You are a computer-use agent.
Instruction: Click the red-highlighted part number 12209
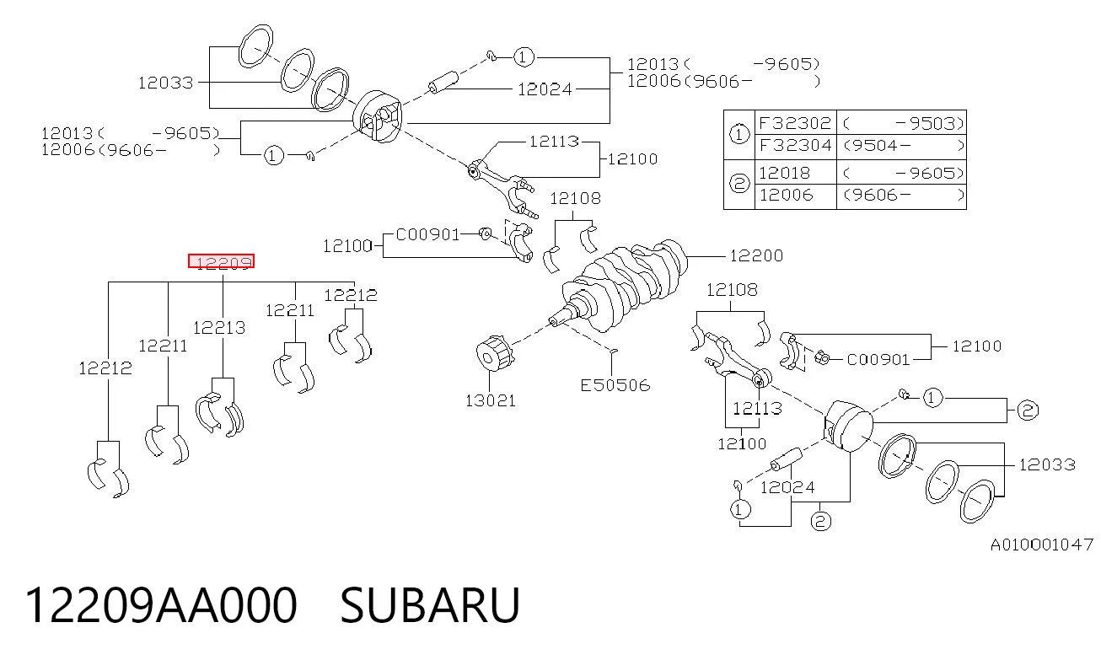tap(221, 261)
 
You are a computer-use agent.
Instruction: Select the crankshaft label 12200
tap(756, 256)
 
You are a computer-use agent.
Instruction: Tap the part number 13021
tap(491, 401)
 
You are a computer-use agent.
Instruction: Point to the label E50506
tap(615, 385)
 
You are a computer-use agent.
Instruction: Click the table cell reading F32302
tap(795, 123)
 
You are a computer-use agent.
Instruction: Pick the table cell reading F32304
tap(795, 146)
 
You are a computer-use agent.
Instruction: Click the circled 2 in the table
tap(738, 184)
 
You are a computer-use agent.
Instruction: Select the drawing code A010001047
tap(1041, 545)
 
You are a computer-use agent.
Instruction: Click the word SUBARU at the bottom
tap(430, 605)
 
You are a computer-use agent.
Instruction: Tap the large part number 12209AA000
tap(161, 605)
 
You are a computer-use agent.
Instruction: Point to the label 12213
tap(219, 328)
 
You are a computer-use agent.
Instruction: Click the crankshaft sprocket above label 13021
tap(495, 354)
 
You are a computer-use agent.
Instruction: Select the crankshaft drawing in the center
tap(624, 282)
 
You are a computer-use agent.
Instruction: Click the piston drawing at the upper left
tap(378, 116)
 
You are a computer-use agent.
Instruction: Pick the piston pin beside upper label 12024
tap(443, 82)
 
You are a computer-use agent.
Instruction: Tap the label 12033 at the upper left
tap(165, 83)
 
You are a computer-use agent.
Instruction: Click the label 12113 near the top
tap(554, 142)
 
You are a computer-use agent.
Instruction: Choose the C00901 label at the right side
tap(878, 360)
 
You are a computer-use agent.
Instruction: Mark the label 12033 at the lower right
tap(1047, 465)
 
